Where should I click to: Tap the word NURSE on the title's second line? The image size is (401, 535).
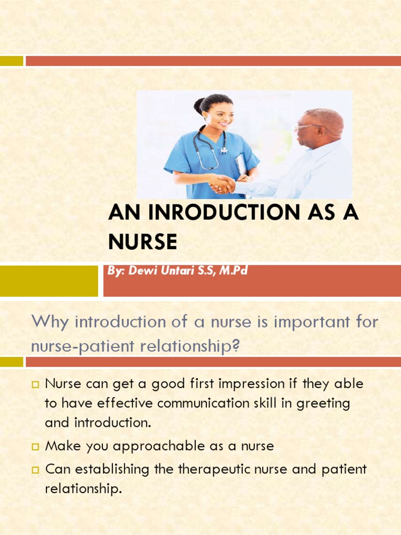(143, 242)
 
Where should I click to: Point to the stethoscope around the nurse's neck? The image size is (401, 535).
(209, 149)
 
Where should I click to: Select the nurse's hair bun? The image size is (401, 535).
(199, 106)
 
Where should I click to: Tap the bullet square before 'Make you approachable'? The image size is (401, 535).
(36, 447)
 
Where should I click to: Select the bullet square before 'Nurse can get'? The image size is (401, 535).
(36, 385)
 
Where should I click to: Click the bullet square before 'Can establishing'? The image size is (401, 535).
(36, 470)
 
